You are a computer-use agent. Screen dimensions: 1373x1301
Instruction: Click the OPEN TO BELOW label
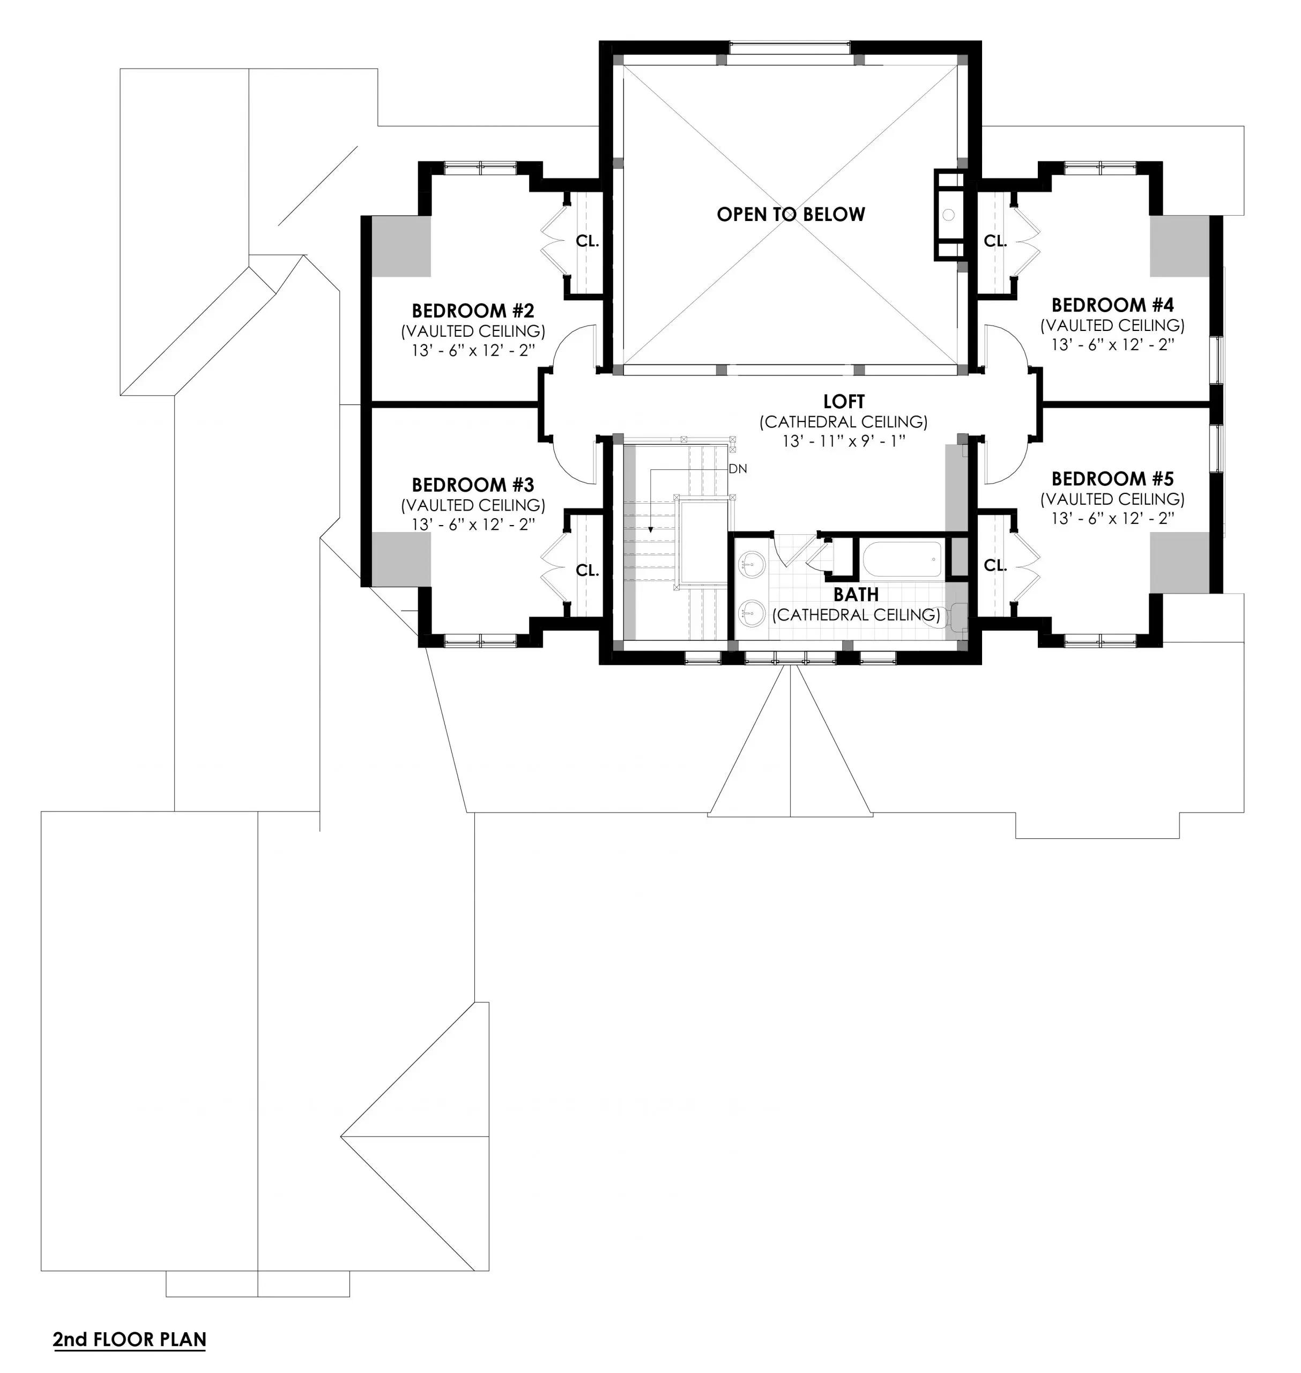791,215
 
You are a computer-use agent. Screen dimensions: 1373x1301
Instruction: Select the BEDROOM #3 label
473,484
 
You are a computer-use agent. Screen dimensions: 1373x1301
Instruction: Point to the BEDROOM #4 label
1112,305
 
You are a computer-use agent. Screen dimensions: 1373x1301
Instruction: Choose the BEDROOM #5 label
1112,479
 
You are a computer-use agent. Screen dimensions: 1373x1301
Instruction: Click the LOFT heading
844,401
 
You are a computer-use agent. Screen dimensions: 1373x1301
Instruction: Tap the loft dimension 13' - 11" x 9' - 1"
844,441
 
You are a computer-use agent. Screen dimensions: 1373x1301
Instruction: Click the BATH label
856,595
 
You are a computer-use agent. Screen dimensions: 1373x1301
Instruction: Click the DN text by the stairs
738,469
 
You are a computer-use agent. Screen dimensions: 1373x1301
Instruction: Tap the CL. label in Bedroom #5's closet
995,565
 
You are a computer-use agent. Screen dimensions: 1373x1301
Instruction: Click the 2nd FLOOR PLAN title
130,1339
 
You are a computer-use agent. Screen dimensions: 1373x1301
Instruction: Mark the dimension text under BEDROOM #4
1112,345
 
